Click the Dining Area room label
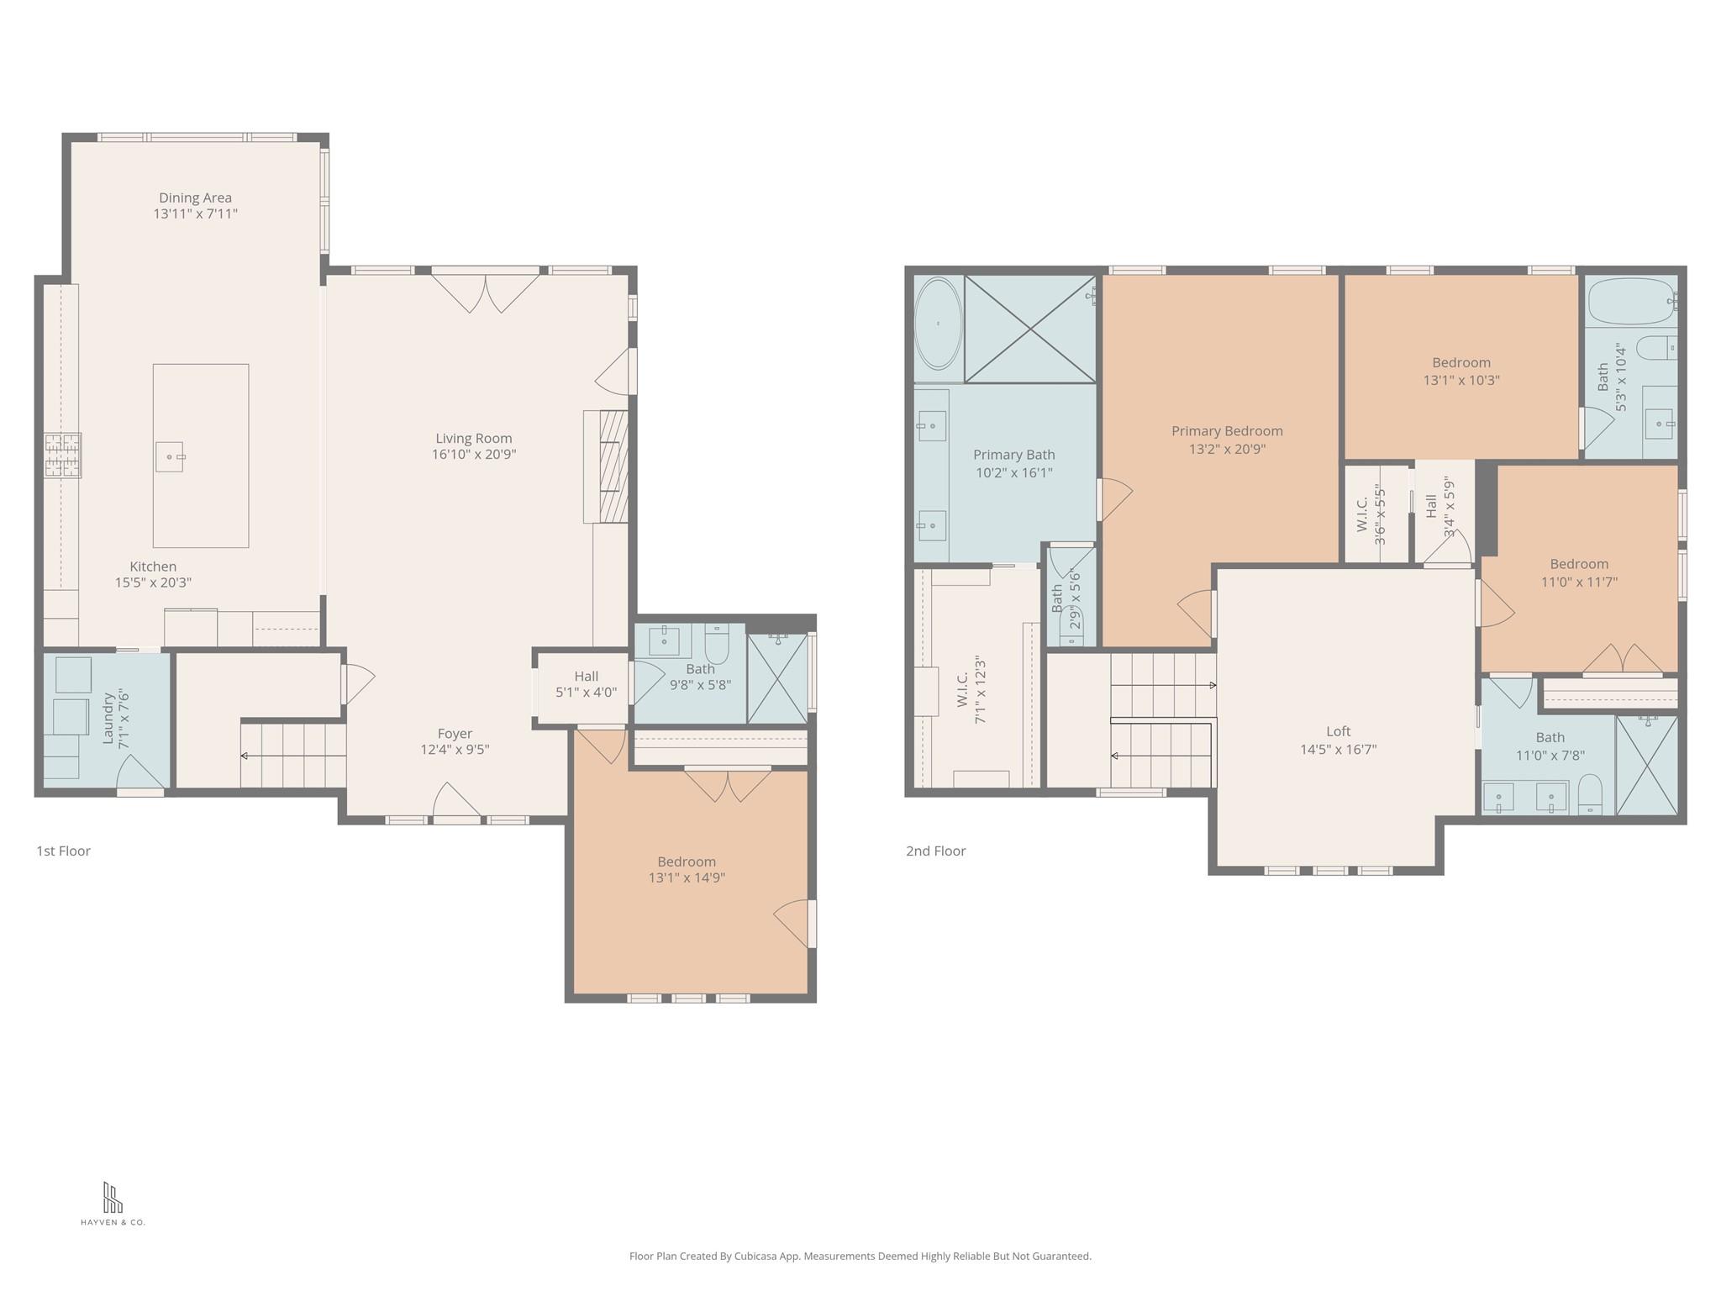(195, 198)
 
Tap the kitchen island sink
(170, 456)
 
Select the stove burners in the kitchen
(63, 455)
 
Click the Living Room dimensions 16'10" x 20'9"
(474, 455)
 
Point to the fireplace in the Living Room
(606, 466)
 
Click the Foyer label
(455, 734)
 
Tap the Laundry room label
(108, 719)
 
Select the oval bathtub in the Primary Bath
(938, 324)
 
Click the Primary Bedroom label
(1227, 431)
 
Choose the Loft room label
(1338, 731)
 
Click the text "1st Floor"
(63, 851)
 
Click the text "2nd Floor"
(935, 851)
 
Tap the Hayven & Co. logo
(113, 1204)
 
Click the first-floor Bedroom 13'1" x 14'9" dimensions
(687, 877)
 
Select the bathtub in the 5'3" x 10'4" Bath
(1632, 301)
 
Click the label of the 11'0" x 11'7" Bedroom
(1579, 564)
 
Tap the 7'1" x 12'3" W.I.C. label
(963, 689)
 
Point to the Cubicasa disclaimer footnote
(860, 1256)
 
